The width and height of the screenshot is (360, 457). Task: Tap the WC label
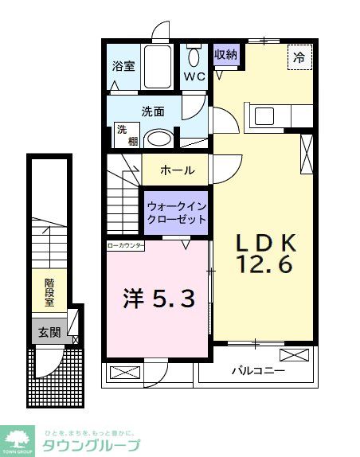tap(195, 77)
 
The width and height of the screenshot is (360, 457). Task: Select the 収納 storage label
tap(225, 55)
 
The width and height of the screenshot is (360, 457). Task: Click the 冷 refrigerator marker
tap(299, 57)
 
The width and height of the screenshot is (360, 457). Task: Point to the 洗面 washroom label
tap(153, 112)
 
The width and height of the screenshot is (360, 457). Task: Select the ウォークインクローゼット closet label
tap(176, 212)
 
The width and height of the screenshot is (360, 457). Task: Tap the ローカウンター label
tap(126, 246)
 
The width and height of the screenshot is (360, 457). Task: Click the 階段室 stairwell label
tap(49, 293)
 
